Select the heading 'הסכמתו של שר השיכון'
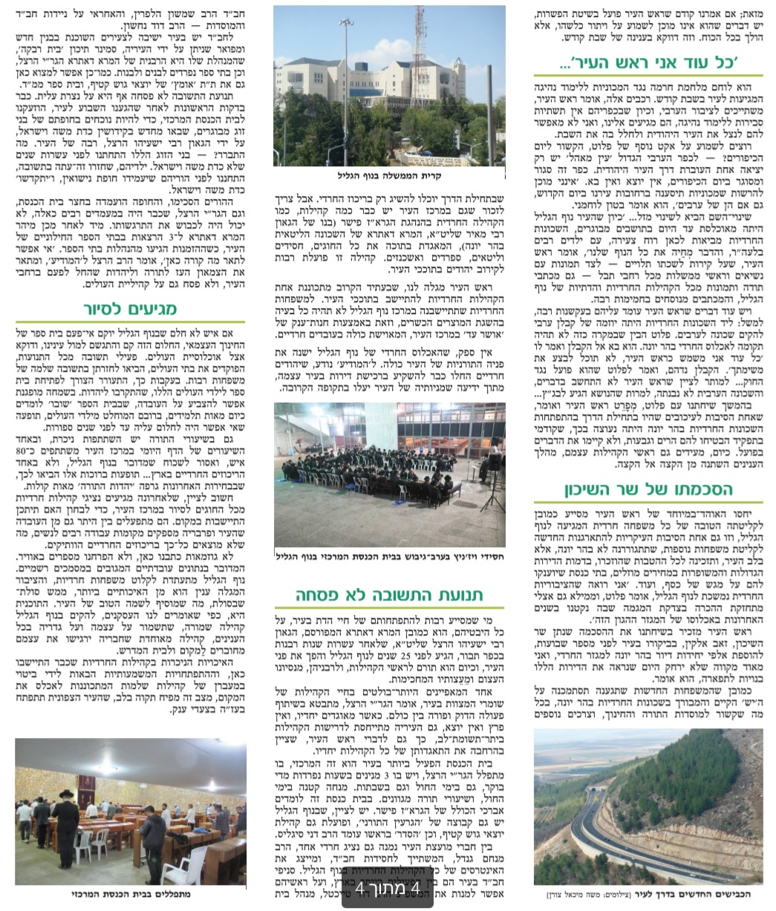click(x=648, y=489)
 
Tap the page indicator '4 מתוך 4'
click(x=388, y=888)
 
